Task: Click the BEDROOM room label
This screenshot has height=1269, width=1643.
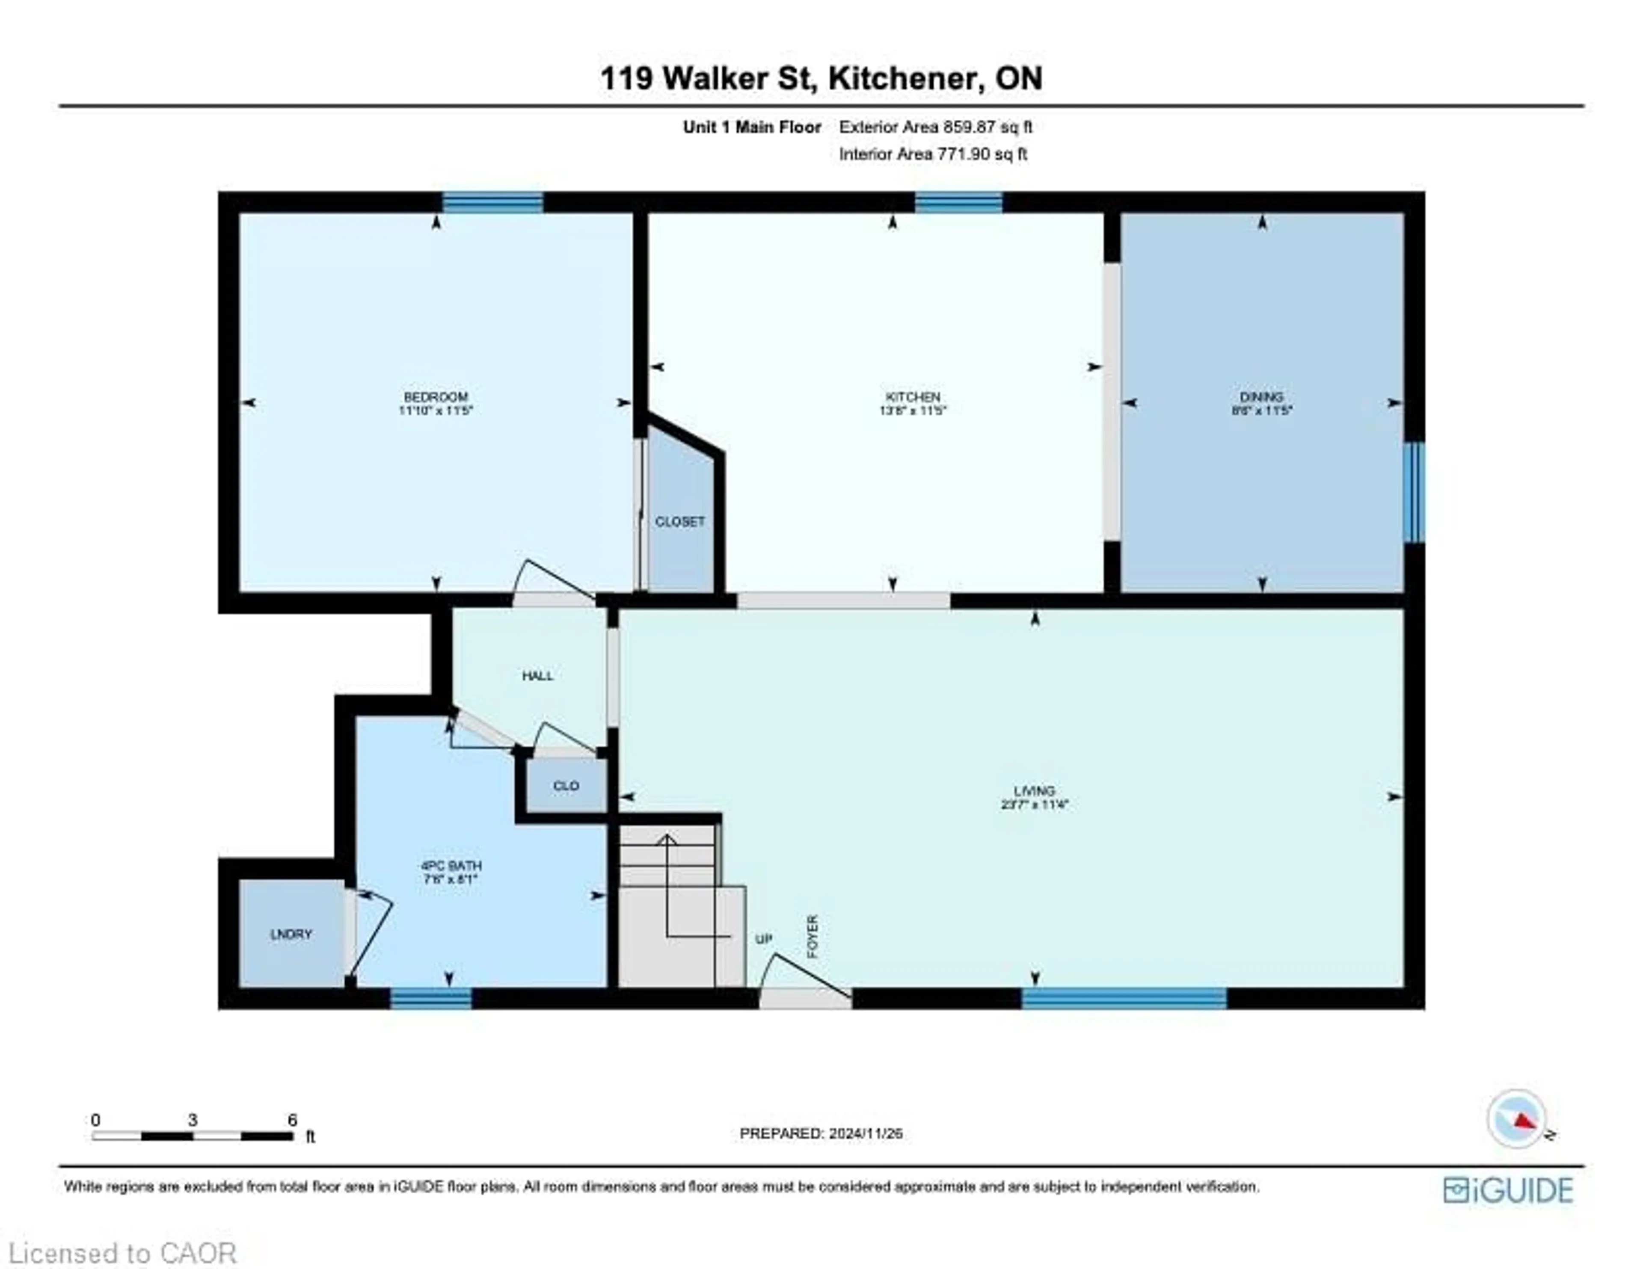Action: [436, 396]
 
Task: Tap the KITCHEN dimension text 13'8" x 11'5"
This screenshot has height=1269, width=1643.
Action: [912, 411]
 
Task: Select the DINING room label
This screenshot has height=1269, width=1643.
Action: [1262, 396]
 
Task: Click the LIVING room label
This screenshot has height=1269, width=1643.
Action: [1035, 790]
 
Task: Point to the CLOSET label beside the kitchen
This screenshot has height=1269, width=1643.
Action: [680, 521]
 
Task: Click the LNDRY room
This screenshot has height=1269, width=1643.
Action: [291, 934]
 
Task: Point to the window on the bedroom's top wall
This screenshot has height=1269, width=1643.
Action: [493, 202]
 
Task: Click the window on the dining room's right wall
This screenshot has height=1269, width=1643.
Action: [1414, 492]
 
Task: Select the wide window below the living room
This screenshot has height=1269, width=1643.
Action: [1124, 998]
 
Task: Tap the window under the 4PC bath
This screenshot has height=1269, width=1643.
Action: [431, 998]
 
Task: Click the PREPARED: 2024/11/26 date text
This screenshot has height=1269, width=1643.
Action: [821, 1133]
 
